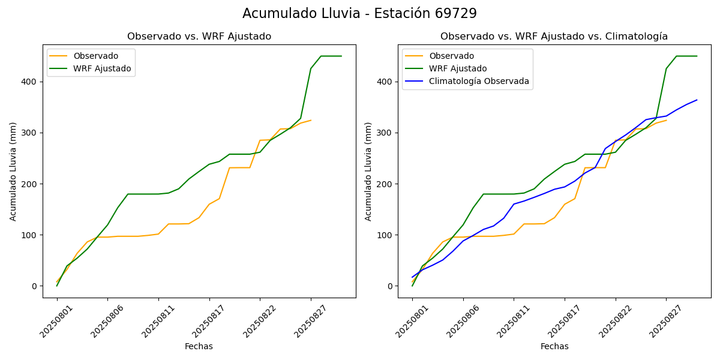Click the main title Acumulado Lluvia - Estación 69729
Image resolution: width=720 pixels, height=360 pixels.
[x=359, y=14]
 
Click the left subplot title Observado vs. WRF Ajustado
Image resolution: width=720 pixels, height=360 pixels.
[x=199, y=37]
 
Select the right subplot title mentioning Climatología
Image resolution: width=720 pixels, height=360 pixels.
[x=554, y=37]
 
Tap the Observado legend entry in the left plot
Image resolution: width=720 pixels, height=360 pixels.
[x=96, y=56]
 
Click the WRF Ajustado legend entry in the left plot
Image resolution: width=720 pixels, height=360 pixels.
[x=102, y=69]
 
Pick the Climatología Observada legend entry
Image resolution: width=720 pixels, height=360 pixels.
[x=479, y=82]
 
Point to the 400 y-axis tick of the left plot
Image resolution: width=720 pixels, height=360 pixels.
[x=31, y=82]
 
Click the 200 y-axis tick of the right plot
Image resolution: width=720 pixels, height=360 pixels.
[x=386, y=184]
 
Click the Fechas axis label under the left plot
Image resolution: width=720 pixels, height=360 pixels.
[x=199, y=347]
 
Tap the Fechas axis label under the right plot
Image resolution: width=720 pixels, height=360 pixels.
[x=554, y=347]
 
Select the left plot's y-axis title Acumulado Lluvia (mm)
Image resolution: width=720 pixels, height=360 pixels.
[x=13, y=171]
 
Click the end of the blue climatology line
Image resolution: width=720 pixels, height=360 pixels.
[x=697, y=100]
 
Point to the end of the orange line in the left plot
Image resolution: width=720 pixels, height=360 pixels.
[x=311, y=120]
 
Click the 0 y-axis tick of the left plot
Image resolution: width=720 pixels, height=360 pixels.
[x=35, y=286]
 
